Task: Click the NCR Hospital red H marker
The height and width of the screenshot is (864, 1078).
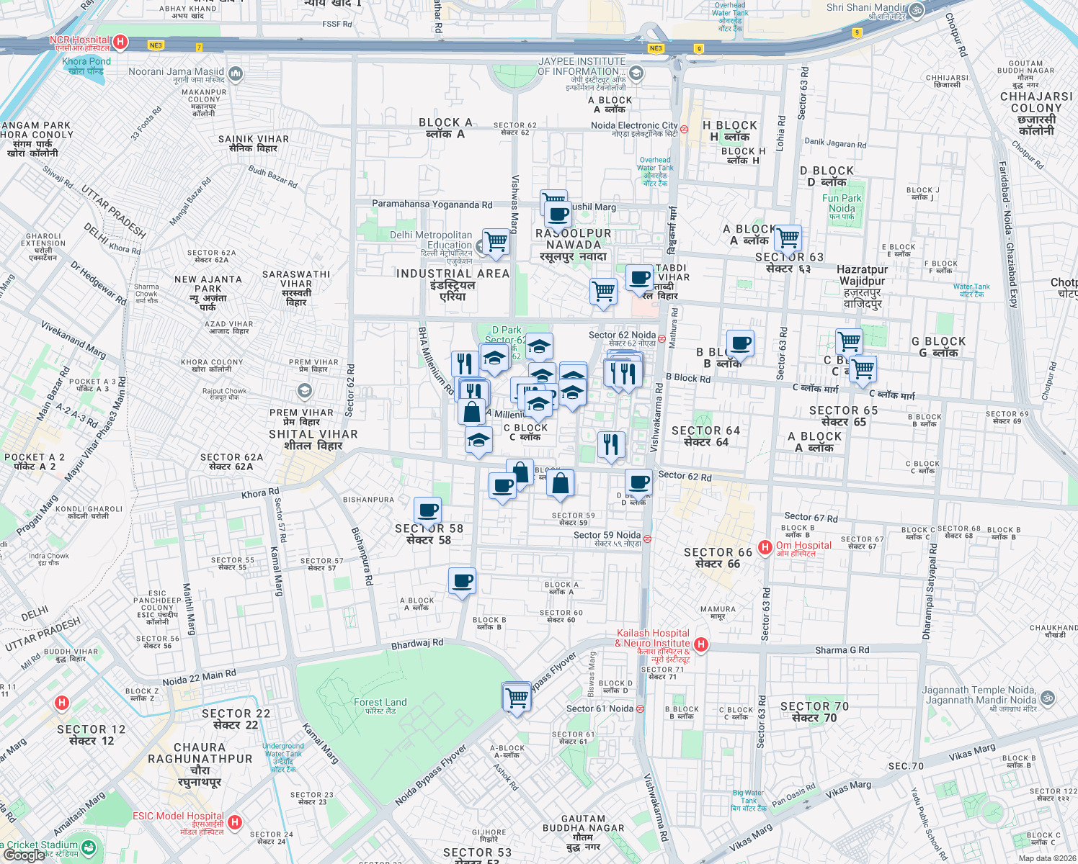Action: [120, 42]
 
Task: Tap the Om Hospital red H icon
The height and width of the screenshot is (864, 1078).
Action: [765, 548]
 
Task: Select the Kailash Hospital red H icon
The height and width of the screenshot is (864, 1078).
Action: [701, 644]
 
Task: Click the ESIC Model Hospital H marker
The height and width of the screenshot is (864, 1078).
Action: [234, 822]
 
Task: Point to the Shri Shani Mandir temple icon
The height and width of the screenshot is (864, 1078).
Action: [916, 10]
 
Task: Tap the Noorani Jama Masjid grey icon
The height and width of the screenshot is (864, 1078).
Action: [236, 73]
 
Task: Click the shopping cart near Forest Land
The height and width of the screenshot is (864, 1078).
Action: [517, 697]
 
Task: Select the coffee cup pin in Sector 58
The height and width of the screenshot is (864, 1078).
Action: [428, 511]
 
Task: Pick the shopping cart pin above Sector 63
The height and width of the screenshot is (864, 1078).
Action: [788, 237]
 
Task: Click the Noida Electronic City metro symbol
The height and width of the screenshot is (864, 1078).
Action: [684, 130]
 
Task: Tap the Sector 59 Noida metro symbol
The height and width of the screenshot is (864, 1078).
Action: [647, 539]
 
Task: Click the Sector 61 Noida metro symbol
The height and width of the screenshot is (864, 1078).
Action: [640, 709]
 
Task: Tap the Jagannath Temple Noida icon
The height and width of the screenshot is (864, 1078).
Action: [1048, 698]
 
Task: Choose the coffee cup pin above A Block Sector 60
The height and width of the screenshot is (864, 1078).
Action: [462, 580]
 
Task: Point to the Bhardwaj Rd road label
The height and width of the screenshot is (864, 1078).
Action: [417, 644]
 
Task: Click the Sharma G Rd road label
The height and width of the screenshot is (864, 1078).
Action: [842, 650]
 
